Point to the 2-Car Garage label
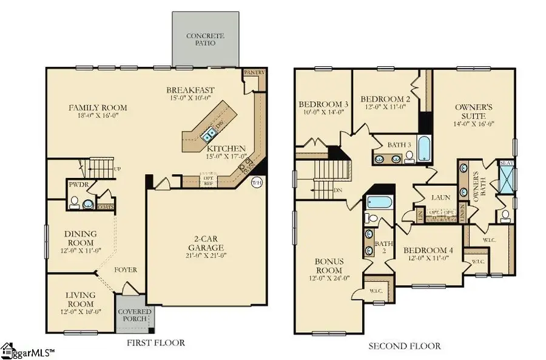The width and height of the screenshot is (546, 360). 206,243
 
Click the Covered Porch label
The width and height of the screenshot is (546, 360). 134,315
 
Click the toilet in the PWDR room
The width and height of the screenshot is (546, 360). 73,203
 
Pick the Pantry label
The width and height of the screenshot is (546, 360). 251,72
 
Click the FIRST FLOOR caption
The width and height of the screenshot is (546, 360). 156,343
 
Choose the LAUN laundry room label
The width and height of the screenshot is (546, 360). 440,197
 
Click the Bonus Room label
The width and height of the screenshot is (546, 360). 329,265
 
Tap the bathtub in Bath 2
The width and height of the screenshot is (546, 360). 379,203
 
